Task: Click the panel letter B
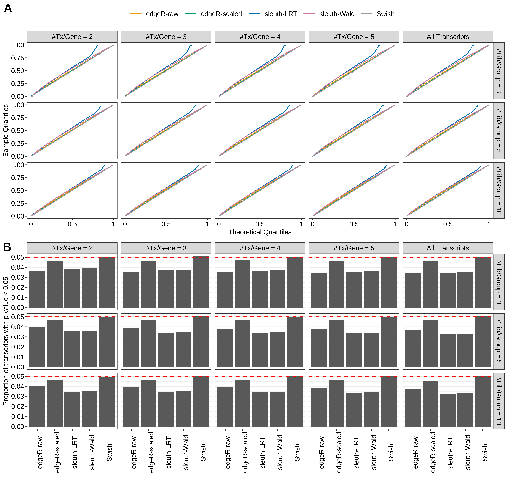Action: click(x=7, y=247)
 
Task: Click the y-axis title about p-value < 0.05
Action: click(x=6, y=341)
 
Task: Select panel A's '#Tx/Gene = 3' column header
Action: click(x=166, y=37)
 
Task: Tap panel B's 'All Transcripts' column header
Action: click(x=448, y=248)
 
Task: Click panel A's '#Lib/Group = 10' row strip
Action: click(x=499, y=190)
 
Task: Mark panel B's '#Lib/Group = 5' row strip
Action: click(x=499, y=341)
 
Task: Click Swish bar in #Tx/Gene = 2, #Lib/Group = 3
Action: click(x=107, y=282)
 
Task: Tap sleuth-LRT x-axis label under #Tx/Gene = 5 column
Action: click(x=356, y=453)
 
